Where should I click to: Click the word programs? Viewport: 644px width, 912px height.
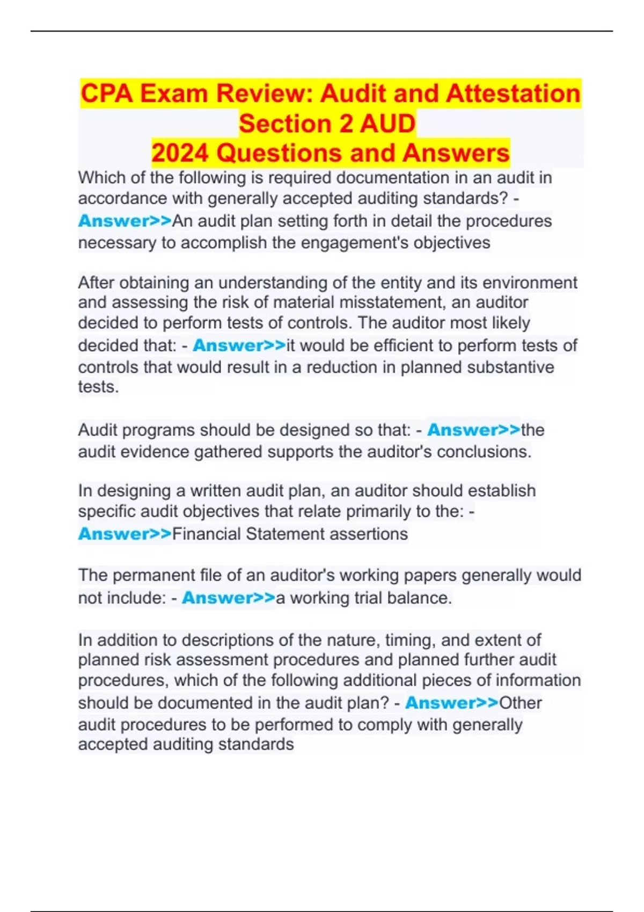click(148, 430)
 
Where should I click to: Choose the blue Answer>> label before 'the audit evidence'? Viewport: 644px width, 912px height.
click(473, 430)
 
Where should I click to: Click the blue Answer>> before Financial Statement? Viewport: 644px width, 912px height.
click(125, 534)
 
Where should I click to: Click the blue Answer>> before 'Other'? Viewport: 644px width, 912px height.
click(451, 703)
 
